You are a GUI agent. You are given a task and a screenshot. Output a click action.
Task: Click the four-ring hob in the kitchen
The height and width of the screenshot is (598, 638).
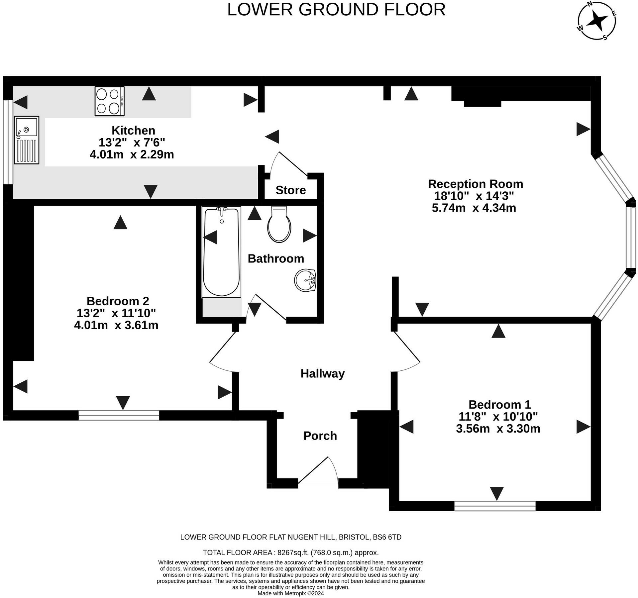click(110, 101)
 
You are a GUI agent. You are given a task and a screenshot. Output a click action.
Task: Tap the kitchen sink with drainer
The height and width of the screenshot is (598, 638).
click(27, 140)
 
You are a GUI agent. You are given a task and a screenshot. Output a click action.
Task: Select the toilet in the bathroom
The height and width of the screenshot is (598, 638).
click(279, 224)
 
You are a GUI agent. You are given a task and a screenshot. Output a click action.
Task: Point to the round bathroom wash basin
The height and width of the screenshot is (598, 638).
click(305, 281)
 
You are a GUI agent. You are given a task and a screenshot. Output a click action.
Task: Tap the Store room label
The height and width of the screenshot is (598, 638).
click(291, 190)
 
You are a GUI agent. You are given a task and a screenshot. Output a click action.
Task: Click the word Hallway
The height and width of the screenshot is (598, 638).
click(323, 374)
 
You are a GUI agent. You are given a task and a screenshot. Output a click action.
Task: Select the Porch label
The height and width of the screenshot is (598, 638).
click(320, 436)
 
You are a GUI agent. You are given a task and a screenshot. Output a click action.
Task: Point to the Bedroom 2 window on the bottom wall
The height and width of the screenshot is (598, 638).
click(119, 415)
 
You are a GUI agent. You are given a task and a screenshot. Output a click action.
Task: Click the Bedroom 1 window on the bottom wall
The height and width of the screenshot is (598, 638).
click(495, 506)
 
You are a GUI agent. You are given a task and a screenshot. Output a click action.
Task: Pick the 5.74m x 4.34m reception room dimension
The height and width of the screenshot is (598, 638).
click(474, 208)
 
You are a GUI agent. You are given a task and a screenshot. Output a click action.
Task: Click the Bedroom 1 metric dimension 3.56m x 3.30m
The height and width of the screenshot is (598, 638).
click(498, 429)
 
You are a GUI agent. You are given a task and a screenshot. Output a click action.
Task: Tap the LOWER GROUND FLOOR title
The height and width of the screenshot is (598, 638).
click(336, 10)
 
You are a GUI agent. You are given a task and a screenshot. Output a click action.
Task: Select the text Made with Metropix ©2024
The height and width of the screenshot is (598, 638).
click(291, 593)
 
